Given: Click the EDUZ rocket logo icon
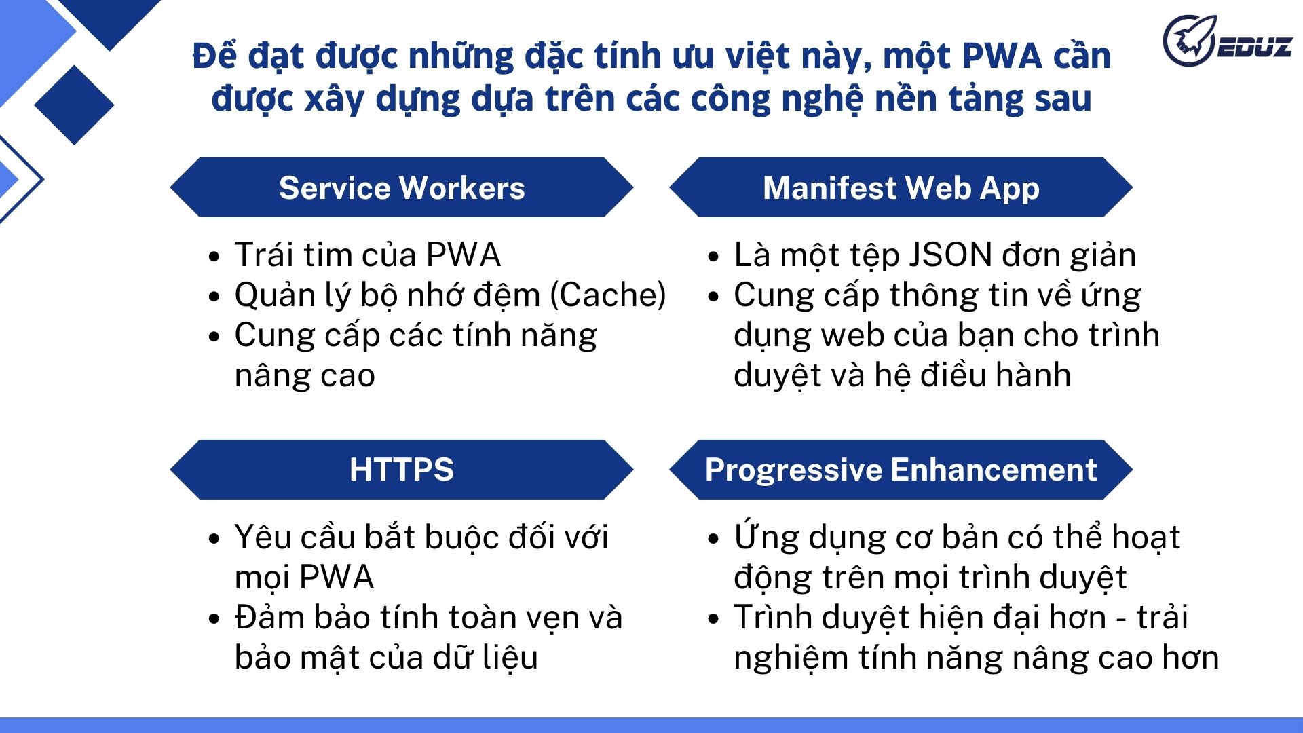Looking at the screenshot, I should pos(1190,40).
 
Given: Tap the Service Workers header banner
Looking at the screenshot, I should pos(401,188).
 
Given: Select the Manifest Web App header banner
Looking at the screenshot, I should pos(901,188).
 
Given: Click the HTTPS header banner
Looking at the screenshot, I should pos(401,470).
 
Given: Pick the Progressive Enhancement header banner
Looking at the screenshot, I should pos(901,470).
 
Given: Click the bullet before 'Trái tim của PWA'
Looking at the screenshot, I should pos(214,257).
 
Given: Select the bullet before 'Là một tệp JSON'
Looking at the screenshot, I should pos(713,257).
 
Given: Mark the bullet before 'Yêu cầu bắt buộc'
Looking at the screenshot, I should pos(214,539).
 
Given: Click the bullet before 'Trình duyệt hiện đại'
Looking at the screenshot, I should pos(713,619).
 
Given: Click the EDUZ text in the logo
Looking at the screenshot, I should pos(1254,47).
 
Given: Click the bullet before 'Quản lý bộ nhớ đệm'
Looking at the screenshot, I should pos(214,297).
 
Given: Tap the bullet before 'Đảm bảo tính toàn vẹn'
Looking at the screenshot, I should pos(214,619).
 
